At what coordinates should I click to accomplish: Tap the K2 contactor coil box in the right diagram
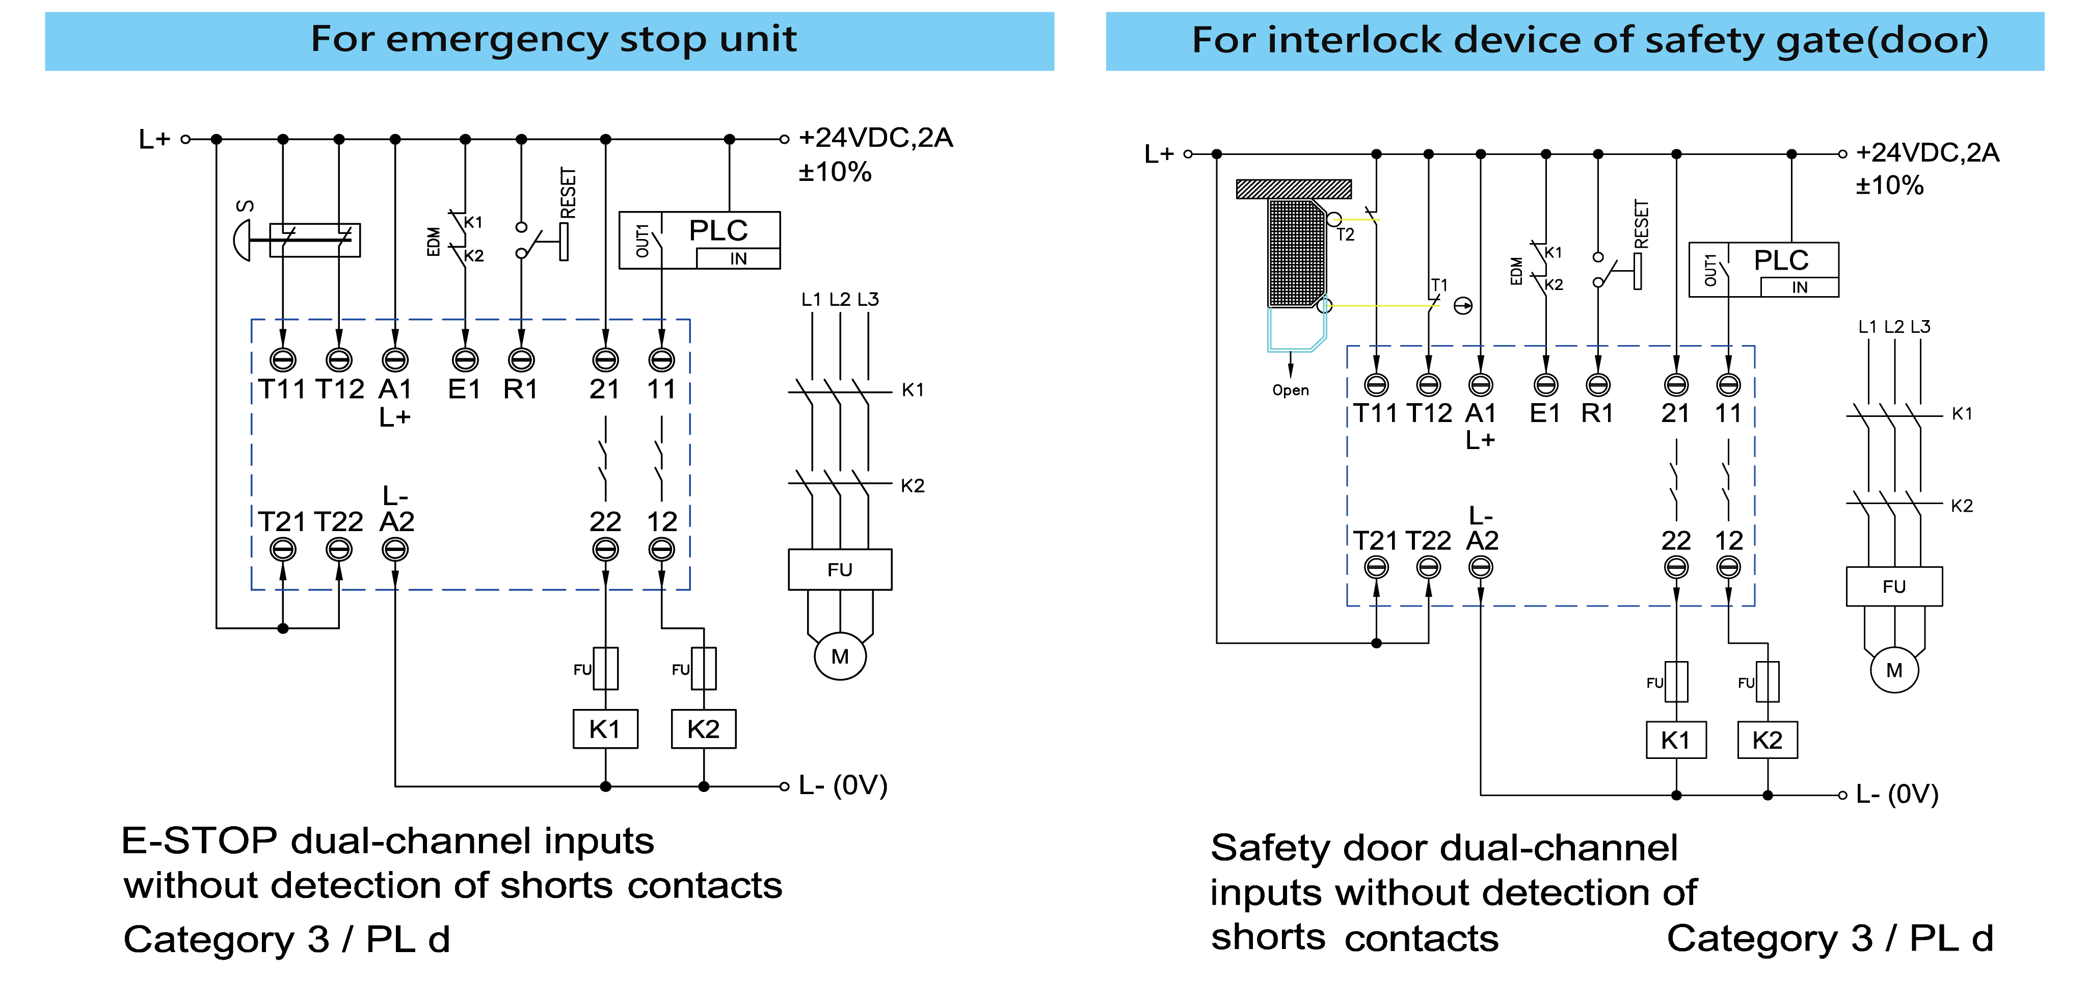1767,740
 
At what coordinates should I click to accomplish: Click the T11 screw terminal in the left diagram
283,359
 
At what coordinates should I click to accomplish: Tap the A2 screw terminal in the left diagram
394,549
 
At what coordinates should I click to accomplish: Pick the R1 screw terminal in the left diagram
521,359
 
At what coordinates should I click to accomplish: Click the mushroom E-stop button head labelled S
240,240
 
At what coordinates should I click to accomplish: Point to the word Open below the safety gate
1290,390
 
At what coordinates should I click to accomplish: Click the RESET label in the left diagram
568,193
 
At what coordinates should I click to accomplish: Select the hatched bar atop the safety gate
1293,189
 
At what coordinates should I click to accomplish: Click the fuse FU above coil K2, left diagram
703,668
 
